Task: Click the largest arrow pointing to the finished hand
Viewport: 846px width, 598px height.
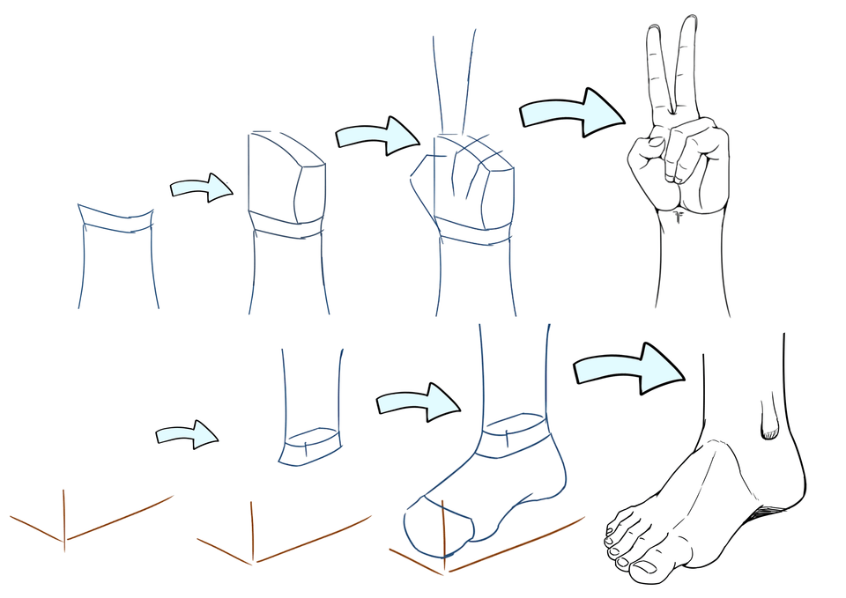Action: (572, 112)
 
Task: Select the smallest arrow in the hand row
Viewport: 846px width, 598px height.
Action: (202, 187)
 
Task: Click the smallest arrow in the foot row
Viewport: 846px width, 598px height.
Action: (187, 434)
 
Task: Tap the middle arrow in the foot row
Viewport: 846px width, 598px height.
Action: (418, 401)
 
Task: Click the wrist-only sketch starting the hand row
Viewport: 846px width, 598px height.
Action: (116, 255)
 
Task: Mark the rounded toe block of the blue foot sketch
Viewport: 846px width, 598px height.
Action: (434, 525)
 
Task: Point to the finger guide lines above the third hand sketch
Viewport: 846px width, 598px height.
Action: (455, 79)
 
